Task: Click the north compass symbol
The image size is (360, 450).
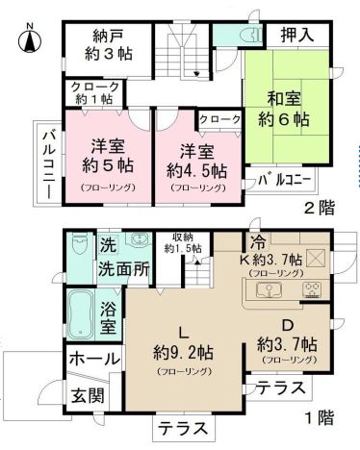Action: (x=29, y=40)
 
